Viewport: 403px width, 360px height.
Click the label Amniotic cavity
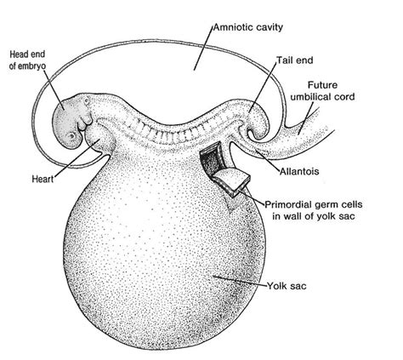(248, 27)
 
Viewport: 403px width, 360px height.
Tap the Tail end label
(295, 60)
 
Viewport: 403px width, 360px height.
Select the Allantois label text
(299, 171)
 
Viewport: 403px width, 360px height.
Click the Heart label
(43, 179)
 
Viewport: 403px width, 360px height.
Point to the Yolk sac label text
(287, 286)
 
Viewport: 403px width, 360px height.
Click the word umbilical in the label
(311, 97)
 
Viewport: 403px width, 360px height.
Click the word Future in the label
(322, 85)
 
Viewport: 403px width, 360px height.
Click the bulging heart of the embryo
(100, 139)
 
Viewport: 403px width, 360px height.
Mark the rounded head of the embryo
(69, 122)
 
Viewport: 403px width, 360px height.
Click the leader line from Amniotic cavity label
(203, 48)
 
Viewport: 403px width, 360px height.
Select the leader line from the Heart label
(76, 157)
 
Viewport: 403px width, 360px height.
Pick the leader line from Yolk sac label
(240, 280)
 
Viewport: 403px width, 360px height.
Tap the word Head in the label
(18, 54)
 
